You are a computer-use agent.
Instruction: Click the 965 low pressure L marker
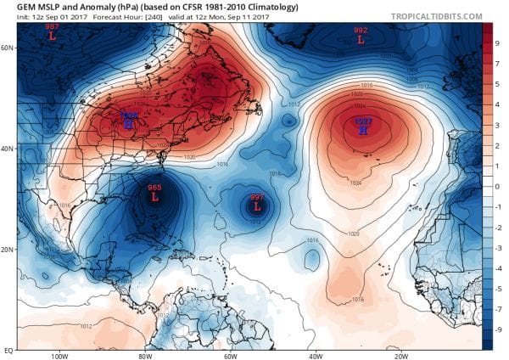154,197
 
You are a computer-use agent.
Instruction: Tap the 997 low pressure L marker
255,206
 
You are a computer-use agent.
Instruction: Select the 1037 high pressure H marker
363,132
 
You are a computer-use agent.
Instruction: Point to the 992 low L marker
361,39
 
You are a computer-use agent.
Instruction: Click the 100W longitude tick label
59,355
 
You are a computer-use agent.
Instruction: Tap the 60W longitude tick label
230,355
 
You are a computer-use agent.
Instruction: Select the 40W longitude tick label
316,355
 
